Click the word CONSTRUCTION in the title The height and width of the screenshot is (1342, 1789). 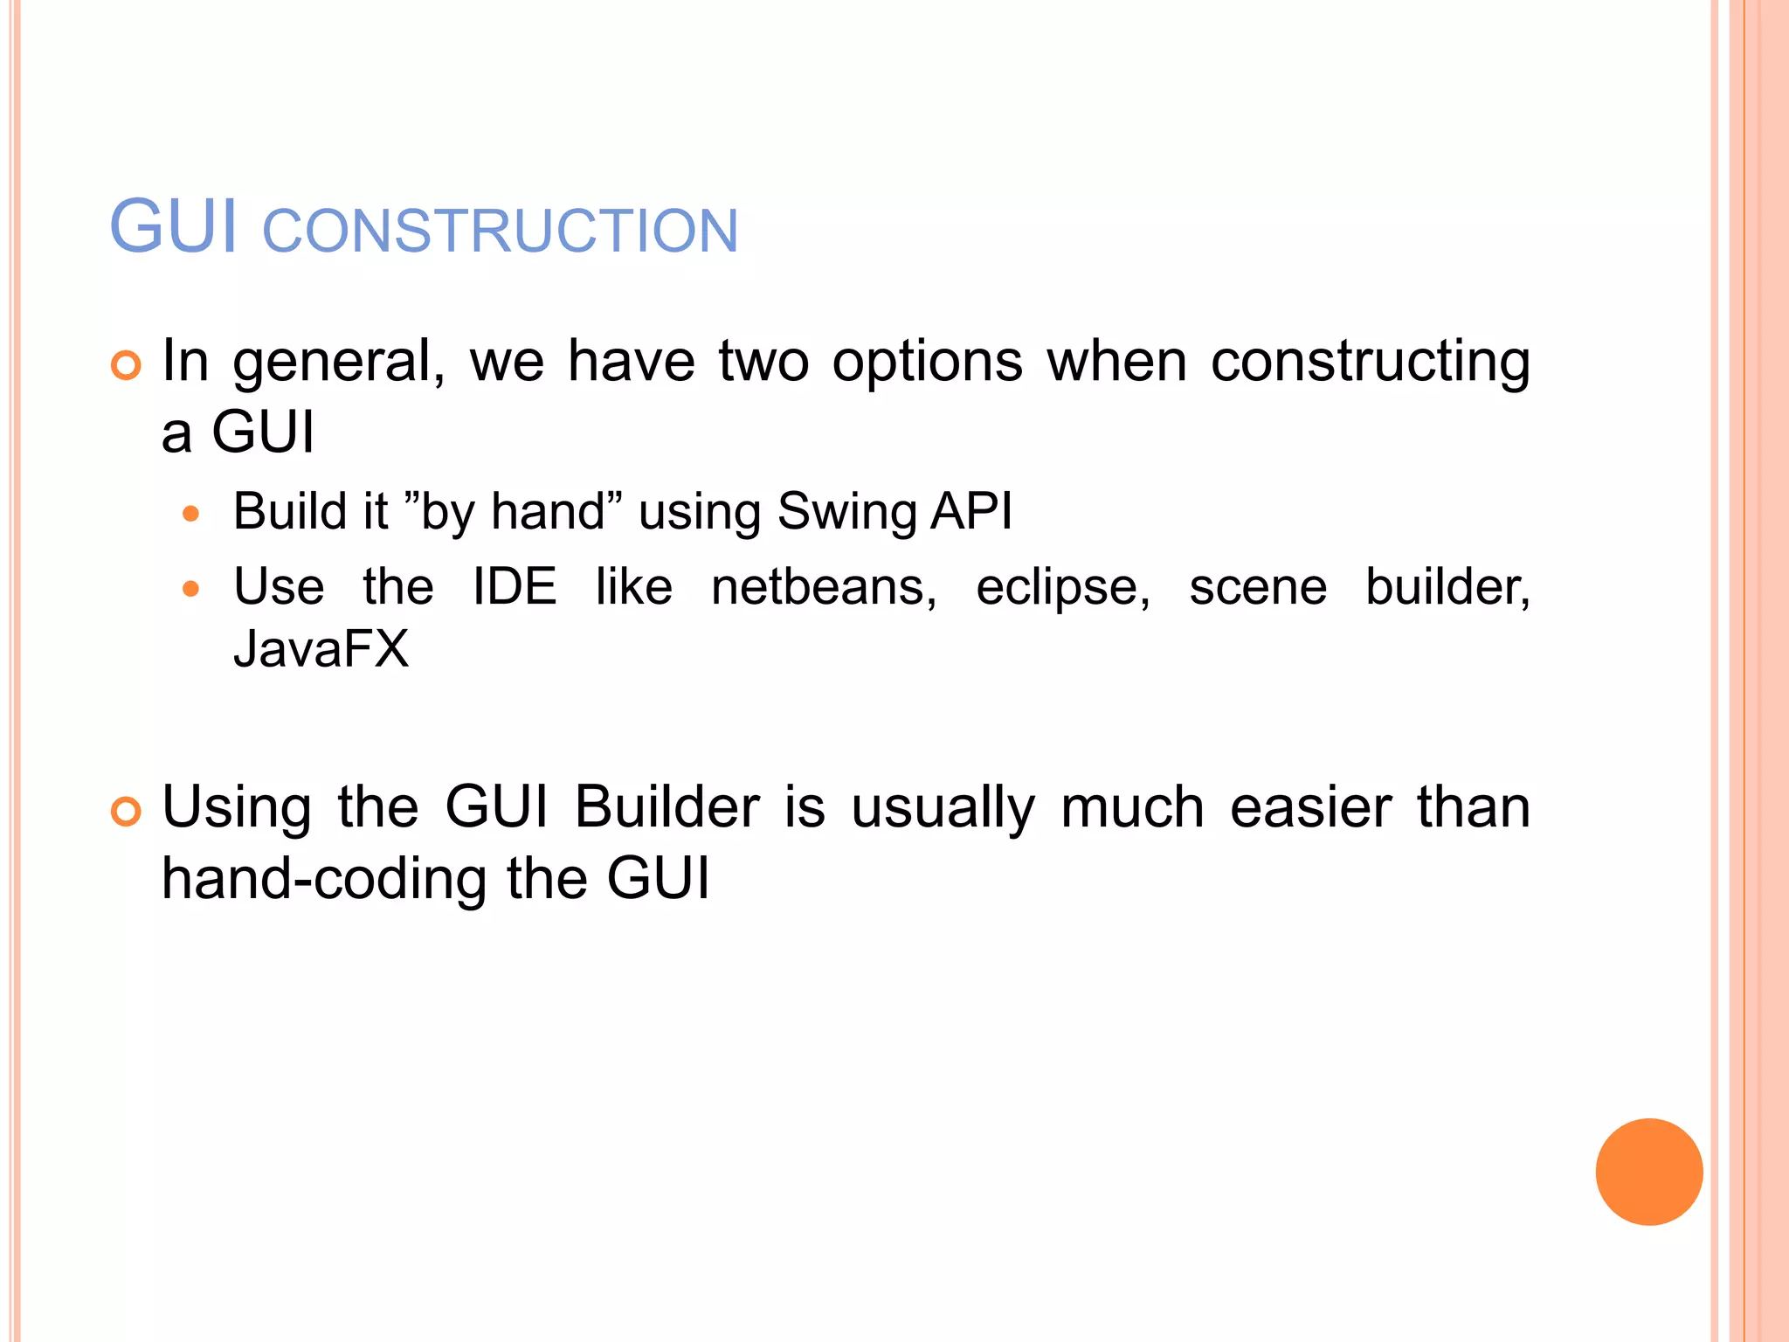click(x=501, y=232)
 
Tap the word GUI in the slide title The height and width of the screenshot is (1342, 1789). click(x=173, y=227)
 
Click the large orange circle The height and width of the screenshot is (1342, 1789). click(x=1648, y=1172)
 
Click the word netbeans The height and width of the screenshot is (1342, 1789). click(x=823, y=586)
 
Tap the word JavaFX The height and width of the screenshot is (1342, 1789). click(x=321, y=649)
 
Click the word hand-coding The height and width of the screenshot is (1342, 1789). click(x=324, y=878)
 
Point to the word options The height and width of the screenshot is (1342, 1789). click(x=927, y=362)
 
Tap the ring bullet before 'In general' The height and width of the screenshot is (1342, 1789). click(x=126, y=365)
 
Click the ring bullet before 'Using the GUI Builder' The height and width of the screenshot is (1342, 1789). click(x=126, y=812)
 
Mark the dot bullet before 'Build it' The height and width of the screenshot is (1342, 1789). click(x=191, y=514)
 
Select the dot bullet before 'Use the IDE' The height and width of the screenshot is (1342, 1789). click(x=191, y=589)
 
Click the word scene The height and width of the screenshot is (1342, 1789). click(x=1258, y=587)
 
